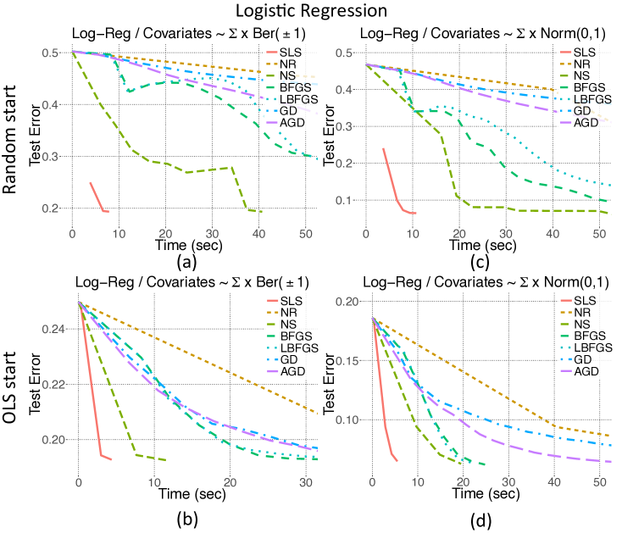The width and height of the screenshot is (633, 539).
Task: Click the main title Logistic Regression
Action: (x=316, y=11)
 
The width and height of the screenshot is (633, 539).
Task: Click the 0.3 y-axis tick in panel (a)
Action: (x=58, y=157)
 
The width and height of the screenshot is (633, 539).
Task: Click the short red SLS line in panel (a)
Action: (x=97, y=198)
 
